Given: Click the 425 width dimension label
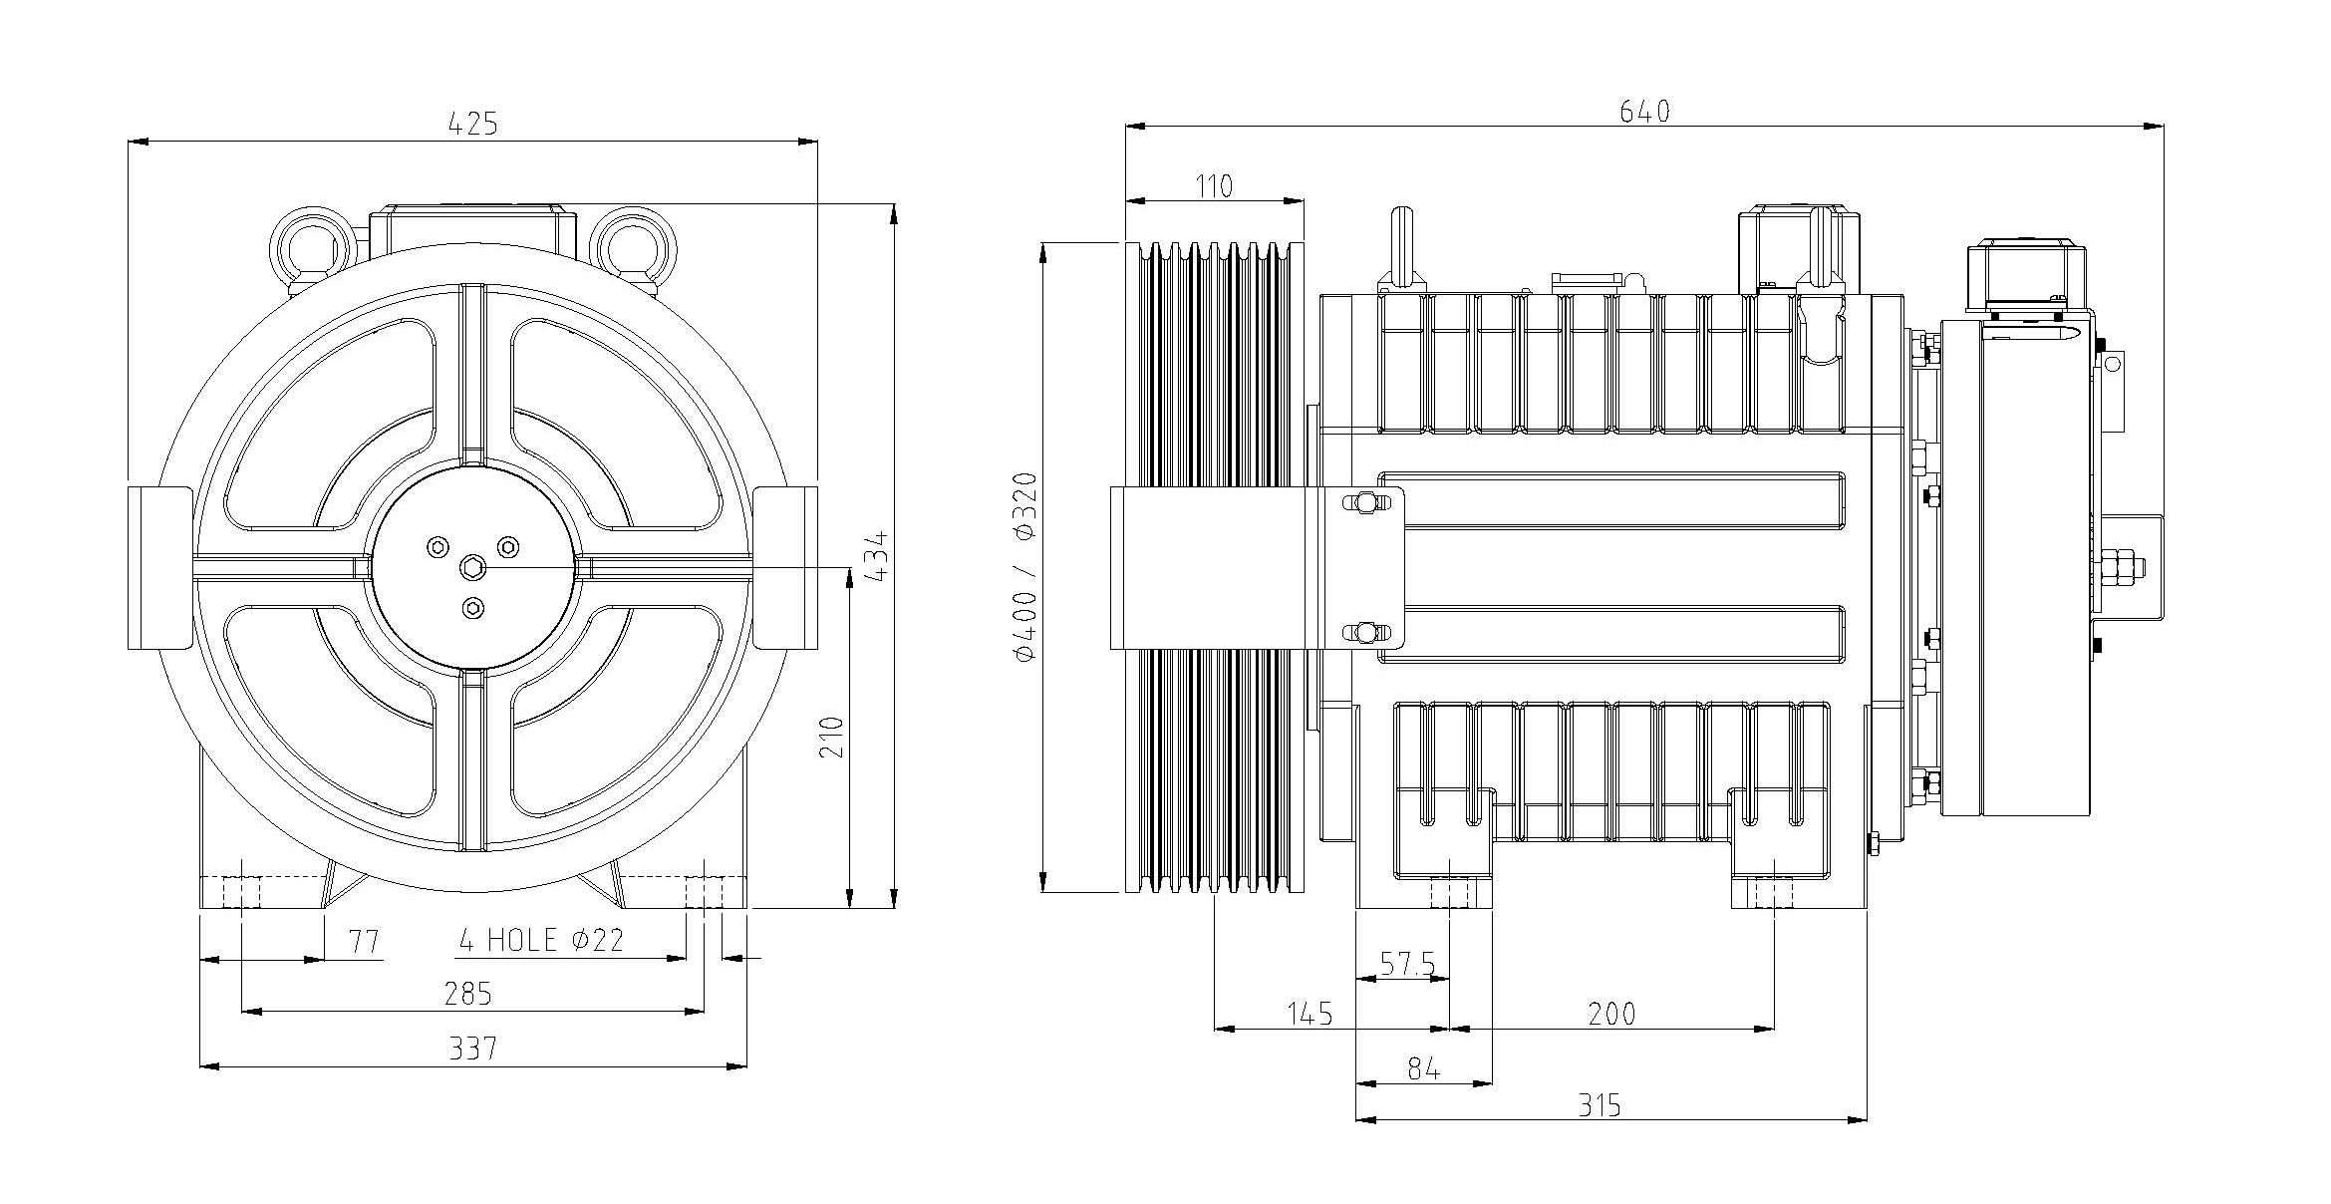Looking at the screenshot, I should (472, 124).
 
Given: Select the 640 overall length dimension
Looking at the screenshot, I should (1643, 112).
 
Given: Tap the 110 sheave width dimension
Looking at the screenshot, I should (1213, 186).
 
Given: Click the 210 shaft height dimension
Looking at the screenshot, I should (832, 737).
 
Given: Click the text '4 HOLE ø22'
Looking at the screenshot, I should (541, 939).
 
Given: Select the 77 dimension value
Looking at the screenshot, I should (366, 941).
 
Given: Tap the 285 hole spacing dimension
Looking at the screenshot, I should (468, 994).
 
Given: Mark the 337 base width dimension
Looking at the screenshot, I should (472, 1049).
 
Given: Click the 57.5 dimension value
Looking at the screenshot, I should (1407, 963).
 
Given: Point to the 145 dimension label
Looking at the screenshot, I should (1310, 1015).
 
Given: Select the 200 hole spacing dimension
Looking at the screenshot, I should (1611, 1015).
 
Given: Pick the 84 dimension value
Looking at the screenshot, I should (1424, 1069).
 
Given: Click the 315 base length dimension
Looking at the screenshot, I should (1599, 1105).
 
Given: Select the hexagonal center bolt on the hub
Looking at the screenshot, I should (472, 568).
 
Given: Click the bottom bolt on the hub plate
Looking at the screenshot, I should (473, 608).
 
